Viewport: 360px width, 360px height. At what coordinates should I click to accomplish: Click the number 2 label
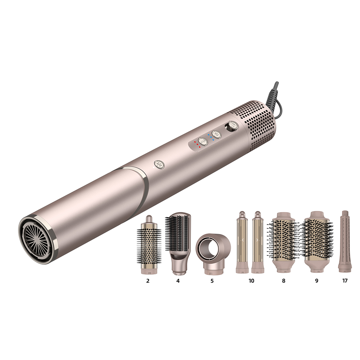pyautogui.click(x=148, y=280)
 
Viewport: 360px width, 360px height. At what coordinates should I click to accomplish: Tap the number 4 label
pyautogui.click(x=178, y=280)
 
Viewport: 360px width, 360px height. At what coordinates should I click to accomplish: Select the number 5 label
pyautogui.click(x=212, y=280)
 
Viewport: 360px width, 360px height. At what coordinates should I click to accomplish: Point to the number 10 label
pyautogui.click(x=251, y=280)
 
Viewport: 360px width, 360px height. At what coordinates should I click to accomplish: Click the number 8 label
pyautogui.click(x=284, y=280)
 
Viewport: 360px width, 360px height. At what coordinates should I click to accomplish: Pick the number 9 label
pyautogui.click(x=317, y=280)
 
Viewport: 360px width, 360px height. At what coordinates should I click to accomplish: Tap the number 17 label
pyautogui.click(x=345, y=280)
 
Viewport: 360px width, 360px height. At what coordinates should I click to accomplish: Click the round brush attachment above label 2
pyautogui.click(x=149, y=244)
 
